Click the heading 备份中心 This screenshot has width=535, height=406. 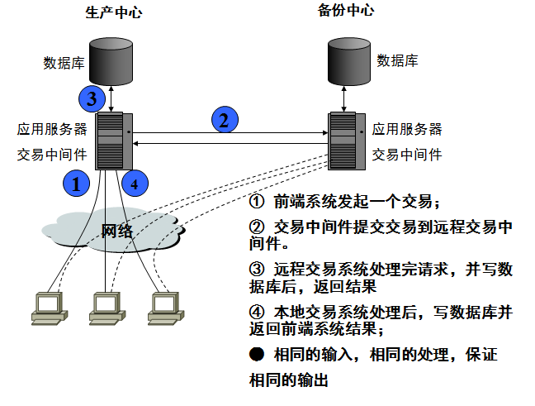(345, 11)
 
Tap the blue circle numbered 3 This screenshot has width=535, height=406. (92, 99)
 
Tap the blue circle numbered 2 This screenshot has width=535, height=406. (223, 120)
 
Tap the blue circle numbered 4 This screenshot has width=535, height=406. (135, 183)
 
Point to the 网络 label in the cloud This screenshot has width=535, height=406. (116, 231)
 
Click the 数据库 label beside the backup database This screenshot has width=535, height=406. (397, 60)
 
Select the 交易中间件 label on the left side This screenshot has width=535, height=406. (51, 154)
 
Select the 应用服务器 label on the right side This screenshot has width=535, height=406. (407, 129)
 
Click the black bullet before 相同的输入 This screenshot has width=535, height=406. (257, 355)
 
